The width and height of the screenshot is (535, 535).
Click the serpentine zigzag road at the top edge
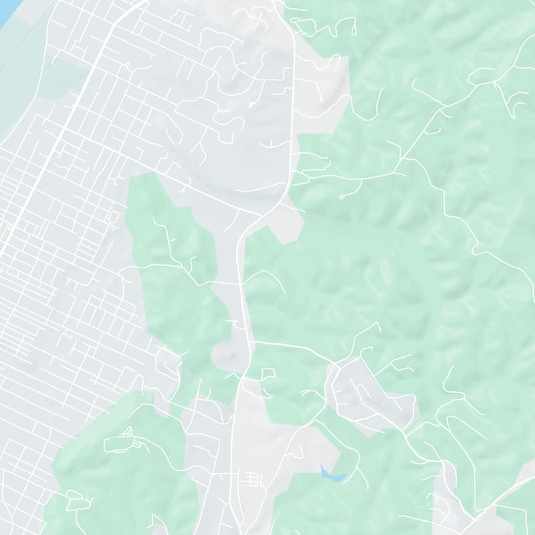tap(321, 27)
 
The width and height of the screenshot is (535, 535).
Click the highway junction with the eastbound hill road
tap(251, 342)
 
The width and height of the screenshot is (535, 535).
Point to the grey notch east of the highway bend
tap(288, 224)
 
